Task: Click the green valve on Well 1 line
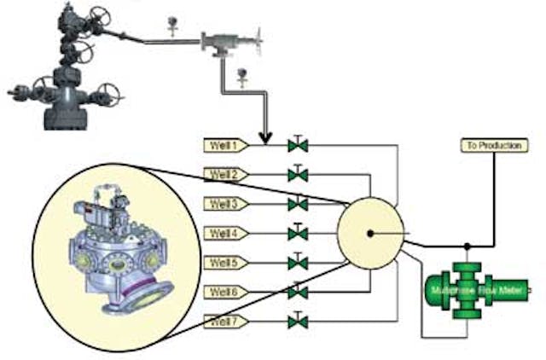[x=298, y=145]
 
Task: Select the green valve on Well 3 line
[x=298, y=204]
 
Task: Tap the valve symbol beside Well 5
[x=298, y=262]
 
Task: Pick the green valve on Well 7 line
[x=298, y=322]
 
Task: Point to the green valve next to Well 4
[x=298, y=233]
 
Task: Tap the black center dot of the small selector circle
[x=370, y=233]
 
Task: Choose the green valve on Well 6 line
[x=298, y=292]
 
